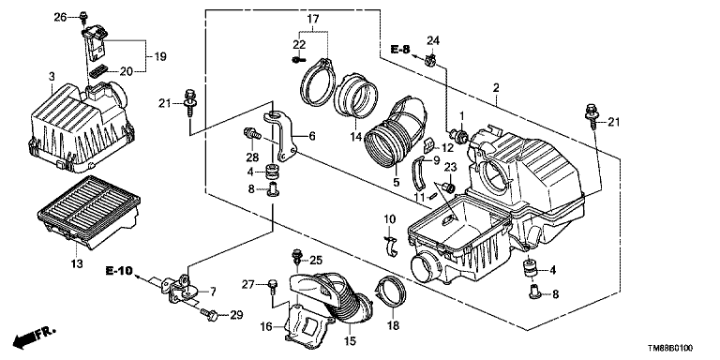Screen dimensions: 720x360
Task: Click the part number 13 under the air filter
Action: [x=77, y=263]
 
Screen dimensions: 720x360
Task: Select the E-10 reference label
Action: [x=119, y=271]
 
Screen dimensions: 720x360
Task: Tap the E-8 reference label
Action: [x=400, y=49]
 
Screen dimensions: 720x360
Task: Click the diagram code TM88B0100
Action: [x=670, y=349]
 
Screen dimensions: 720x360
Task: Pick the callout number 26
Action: [x=60, y=18]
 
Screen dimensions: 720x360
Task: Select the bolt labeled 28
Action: [x=251, y=134]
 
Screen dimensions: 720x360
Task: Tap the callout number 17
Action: [x=313, y=20]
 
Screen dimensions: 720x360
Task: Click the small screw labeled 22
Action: [x=297, y=59]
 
